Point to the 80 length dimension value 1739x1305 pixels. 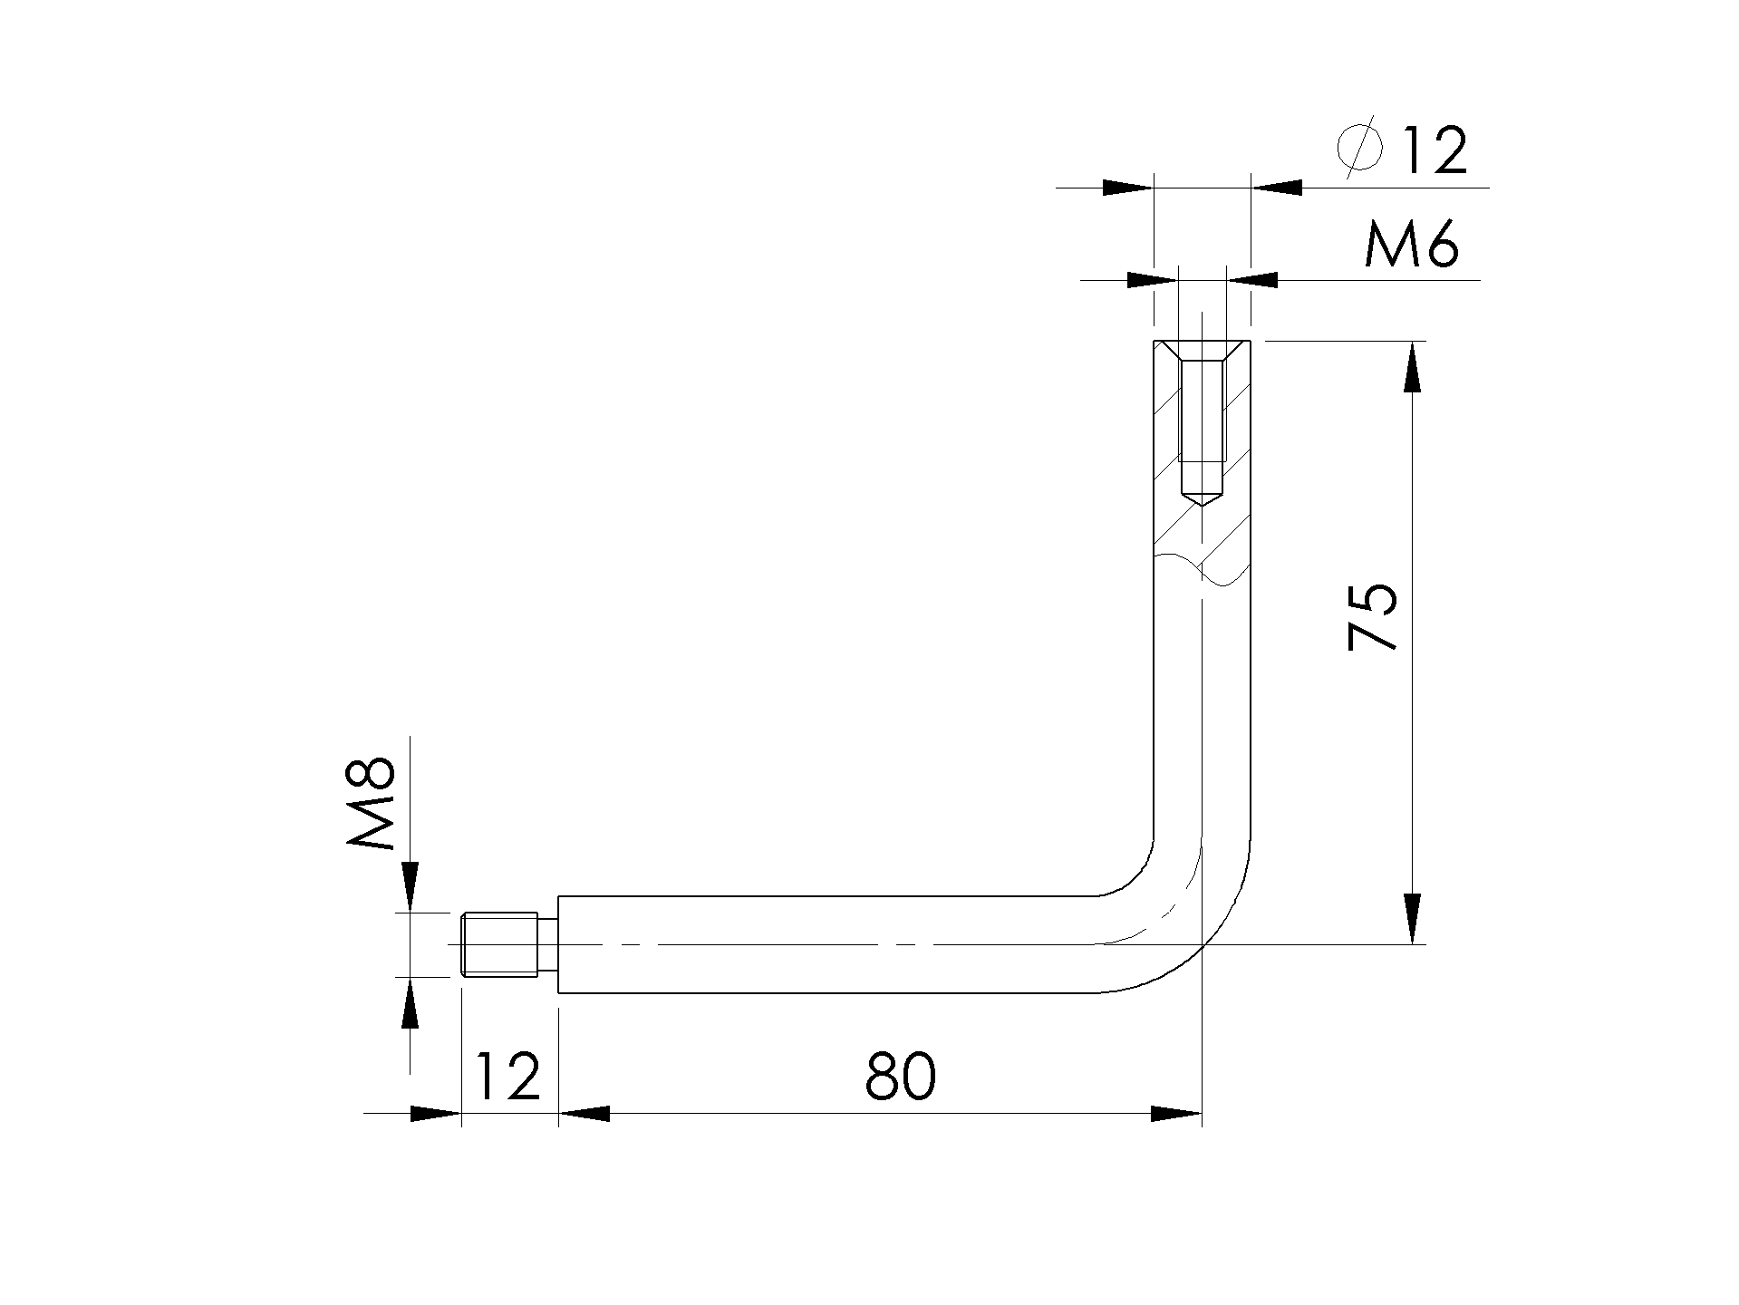(x=900, y=1077)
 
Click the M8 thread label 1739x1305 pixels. (x=372, y=803)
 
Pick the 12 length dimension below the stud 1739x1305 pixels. (x=507, y=1077)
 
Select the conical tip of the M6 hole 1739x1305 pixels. (x=1201, y=498)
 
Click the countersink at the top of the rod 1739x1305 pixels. (x=1201, y=350)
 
